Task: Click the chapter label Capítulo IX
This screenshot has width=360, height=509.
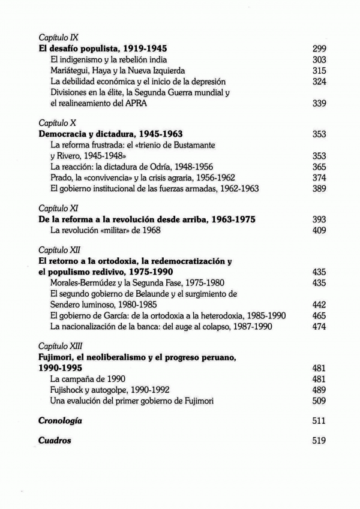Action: pyautogui.click(x=55, y=37)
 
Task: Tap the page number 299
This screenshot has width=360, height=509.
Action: pyautogui.click(x=319, y=49)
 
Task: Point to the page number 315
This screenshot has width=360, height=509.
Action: pyautogui.click(x=319, y=71)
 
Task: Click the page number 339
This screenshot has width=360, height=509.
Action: pyautogui.click(x=319, y=104)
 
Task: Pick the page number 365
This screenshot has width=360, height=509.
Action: pyautogui.click(x=319, y=167)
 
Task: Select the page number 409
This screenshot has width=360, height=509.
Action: pyautogui.click(x=319, y=230)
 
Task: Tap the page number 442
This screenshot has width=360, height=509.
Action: pyautogui.click(x=319, y=305)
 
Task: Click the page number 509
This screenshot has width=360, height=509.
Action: pyautogui.click(x=319, y=400)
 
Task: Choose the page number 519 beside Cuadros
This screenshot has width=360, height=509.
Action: pyautogui.click(x=319, y=441)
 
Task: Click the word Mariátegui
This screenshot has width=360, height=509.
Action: pyautogui.click(x=73, y=71)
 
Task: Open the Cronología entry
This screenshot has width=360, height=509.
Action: pyautogui.click(x=60, y=421)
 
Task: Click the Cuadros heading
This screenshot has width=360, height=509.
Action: pyautogui.click(x=55, y=441)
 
